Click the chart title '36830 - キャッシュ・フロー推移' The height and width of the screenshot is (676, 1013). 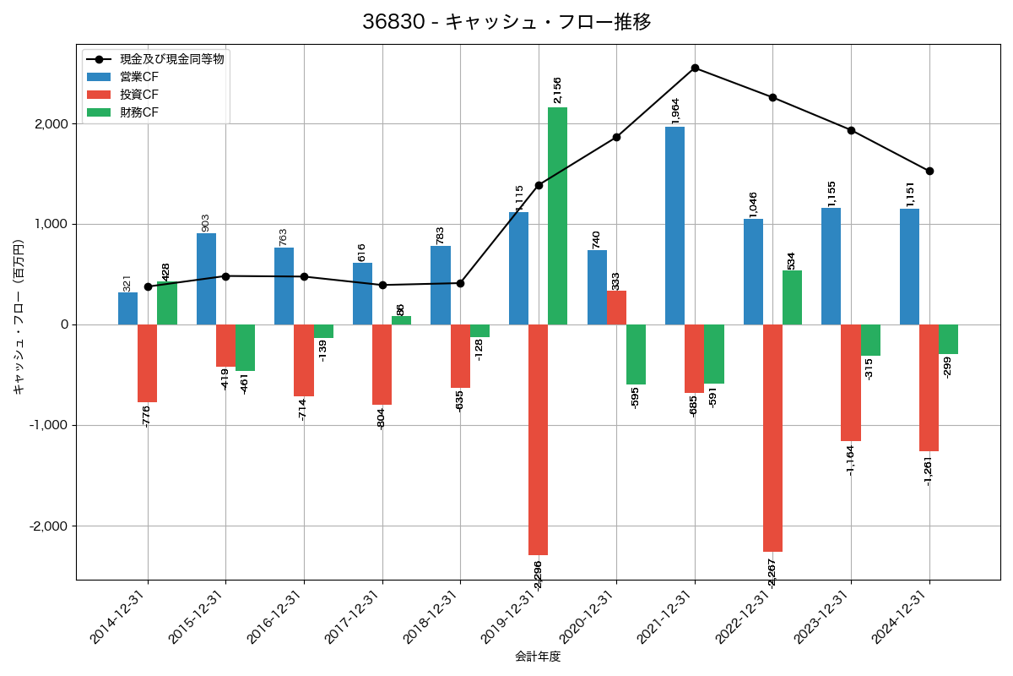pos(506,22)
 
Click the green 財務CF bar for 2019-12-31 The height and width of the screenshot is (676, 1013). pos(557,215)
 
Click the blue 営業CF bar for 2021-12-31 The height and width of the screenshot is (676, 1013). pos(674,226)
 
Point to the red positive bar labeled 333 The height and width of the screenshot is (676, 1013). pos(616,308)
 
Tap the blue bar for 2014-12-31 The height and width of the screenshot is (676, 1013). pos(127,308)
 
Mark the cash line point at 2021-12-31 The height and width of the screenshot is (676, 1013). pos(695,68)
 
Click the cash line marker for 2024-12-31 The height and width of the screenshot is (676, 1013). pos(929,171)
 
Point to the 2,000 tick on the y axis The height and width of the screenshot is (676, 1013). pos(50,124)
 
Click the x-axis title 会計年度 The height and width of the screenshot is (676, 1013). pos(538,657)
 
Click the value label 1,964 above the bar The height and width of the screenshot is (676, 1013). pos(674,112)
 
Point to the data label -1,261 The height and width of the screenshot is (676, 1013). pos(929,470)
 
